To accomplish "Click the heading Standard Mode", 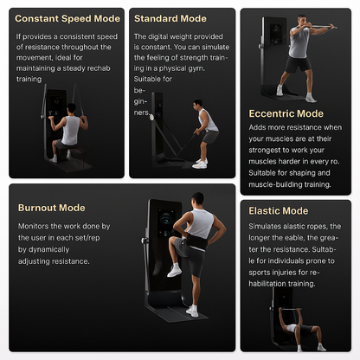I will coord(170,17).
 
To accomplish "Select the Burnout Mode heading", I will coord(51,208).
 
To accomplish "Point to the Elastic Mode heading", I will coord(278,210).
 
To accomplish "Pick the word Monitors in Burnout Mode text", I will coord(35,225).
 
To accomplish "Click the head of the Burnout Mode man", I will coord(197,200).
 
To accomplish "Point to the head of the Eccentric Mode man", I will coord(302,22).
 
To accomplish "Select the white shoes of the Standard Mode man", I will coord(200,164).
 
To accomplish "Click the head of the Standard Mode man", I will coord(199,105).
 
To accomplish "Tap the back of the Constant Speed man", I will coord(70,130).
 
